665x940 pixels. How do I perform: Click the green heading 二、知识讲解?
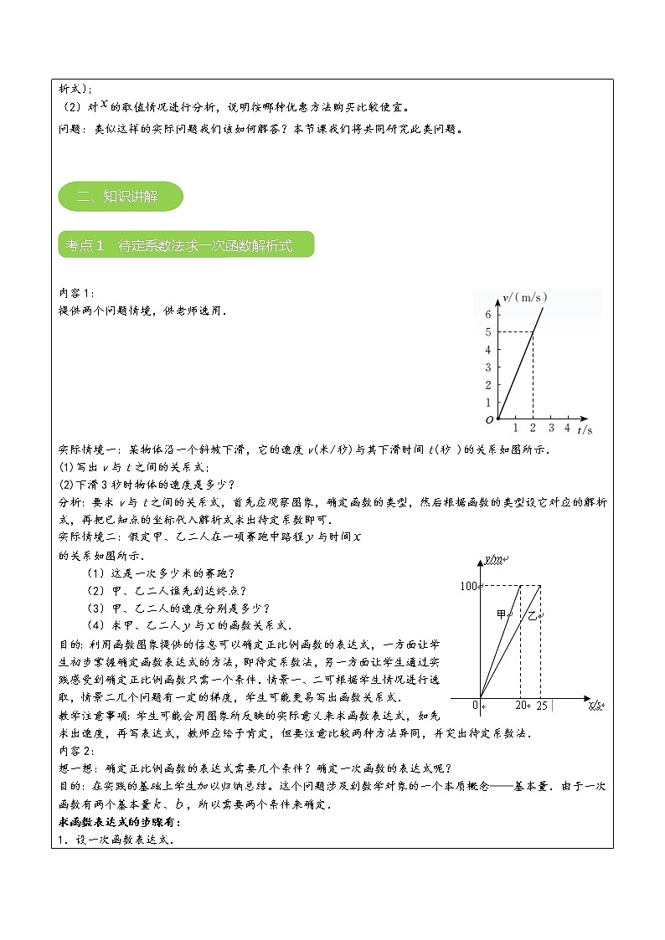[121, 197]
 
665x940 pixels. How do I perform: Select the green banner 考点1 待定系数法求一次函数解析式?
[186, 244]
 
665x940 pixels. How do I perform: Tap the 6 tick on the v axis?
[487, 315]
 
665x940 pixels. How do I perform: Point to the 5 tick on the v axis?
[487, 332]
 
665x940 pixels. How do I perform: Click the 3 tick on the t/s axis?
[550, 429]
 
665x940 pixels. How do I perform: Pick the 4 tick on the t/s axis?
[567, 429]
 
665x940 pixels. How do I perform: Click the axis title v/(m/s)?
[525, 297]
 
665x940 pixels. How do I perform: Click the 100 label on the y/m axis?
[468, 586]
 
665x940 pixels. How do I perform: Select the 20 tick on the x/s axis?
[523, 706]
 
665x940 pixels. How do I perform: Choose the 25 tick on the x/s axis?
[542, 706]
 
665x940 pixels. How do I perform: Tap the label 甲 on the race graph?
[502, 615]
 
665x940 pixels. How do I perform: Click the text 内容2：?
[77, 748]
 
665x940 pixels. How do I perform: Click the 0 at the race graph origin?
[475, 706]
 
